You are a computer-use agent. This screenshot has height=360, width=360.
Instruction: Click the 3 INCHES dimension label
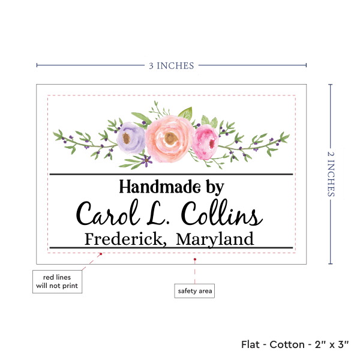[x=171, y=66]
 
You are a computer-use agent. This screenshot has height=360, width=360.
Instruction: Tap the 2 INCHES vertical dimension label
[x=331, y=174]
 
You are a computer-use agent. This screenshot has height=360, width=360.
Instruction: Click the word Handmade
[x=160, y=187]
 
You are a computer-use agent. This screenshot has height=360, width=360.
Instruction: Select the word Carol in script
[x=108, y=213]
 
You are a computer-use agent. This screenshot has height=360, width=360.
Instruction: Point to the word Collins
[x=222, y=212]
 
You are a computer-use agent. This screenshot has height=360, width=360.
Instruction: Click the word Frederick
[x=125, y=239]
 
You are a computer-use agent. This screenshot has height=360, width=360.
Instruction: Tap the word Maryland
[x=215, y=240]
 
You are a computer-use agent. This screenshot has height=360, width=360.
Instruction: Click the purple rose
[x=131, y=137]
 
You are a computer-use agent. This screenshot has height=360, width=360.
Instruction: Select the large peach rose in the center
[x=169, y=139]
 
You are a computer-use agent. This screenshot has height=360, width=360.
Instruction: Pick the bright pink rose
[x=205, y=142]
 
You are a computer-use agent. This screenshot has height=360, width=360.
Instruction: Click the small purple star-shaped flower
[x=146, y=160]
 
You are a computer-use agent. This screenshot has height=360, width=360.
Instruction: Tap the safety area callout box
[x=194, y=291]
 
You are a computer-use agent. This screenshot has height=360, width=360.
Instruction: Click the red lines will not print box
[x=57, y=281]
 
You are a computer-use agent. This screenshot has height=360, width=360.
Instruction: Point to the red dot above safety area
[x=195, y=259]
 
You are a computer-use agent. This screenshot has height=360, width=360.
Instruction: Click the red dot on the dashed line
[x=101, y=254]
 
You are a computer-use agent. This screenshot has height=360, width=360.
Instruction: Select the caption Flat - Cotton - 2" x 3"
[x=295, y=344]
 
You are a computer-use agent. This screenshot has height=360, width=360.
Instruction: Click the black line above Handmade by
[x=171, y=174]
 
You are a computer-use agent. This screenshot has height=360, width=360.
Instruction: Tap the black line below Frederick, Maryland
[x=171, y=248]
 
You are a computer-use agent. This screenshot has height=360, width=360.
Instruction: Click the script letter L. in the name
[x=158, y=213]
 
